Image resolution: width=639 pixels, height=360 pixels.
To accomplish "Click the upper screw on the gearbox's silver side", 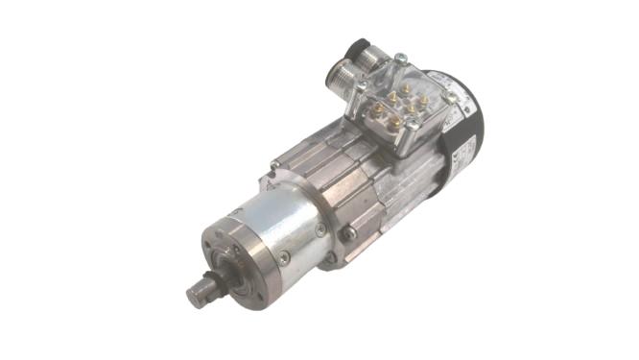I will tap(319, 229).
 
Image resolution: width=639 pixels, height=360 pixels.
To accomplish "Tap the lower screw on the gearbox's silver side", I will tap(285, 256).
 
